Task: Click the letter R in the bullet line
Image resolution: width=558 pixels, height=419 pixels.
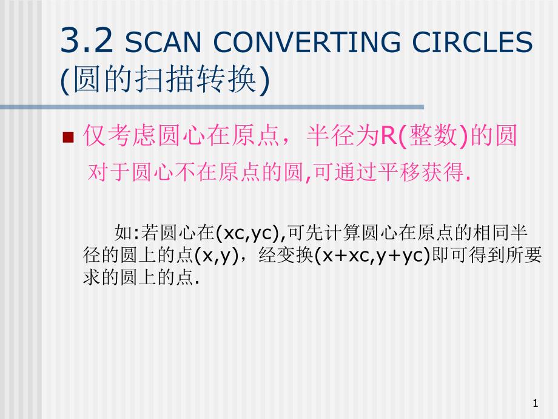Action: [388, 138]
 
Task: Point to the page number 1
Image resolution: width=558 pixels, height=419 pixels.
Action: [535, 403]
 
